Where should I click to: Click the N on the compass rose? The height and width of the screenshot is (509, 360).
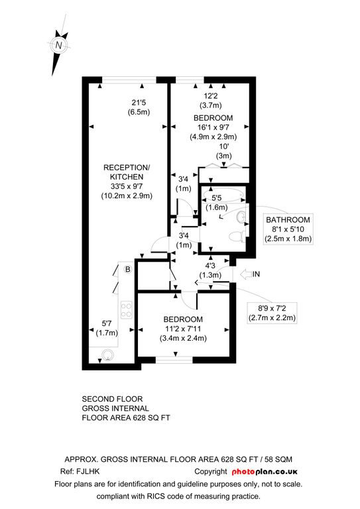pos(58,45)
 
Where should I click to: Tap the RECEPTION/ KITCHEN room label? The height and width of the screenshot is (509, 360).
pos(127,172)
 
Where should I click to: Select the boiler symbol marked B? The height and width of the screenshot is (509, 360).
pos(128,269)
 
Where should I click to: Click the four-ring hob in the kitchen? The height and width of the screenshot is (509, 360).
pos(126,310)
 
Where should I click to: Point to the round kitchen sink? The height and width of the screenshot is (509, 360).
pos(107,355)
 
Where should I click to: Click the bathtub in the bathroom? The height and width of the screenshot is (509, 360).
pos(223,195)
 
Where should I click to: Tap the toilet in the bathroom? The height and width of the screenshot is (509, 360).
pos(237,237)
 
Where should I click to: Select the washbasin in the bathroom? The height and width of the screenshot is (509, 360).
pos(241,217)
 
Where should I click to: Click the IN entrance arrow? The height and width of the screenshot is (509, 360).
pos(250,274)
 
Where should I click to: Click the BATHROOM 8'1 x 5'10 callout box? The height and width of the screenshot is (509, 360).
pos(288,229)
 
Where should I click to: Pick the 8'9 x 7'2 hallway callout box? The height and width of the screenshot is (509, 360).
pos(272,313)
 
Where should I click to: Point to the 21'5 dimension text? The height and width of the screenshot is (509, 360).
pos(139,103)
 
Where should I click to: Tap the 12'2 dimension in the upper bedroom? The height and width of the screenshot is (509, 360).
pos(211,95)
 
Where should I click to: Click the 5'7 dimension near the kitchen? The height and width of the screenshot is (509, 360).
pos(107,323)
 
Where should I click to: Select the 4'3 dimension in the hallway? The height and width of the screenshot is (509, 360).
pos(210,266)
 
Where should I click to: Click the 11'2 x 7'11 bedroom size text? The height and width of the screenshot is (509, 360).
pos(183,329)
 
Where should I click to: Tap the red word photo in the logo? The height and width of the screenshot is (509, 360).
pos(243,472)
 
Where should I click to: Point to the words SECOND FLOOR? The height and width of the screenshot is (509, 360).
pos(112,399)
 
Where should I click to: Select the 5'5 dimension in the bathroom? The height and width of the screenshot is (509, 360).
pos(217,198)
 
